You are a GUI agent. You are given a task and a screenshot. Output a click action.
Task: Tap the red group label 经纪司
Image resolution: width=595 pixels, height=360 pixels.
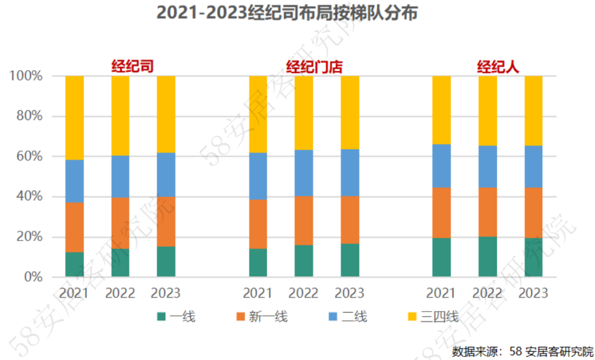coord(132,67)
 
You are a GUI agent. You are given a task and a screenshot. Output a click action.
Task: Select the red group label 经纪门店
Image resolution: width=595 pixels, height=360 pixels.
coord(314,67)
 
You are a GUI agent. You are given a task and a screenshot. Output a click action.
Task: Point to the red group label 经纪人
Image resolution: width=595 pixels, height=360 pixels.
coord(497,67)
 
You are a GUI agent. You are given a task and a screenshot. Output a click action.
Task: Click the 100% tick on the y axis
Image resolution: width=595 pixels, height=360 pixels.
coord(26,76)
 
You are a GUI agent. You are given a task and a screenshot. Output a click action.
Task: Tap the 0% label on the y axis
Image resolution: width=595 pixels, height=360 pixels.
coord(33,277)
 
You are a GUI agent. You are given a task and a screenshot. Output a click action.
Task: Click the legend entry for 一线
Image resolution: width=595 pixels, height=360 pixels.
coord(176,316)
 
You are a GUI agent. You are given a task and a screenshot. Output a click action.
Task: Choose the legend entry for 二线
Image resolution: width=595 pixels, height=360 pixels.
coord(348,316)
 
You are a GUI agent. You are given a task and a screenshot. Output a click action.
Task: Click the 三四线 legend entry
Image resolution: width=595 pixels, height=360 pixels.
coord(433,316)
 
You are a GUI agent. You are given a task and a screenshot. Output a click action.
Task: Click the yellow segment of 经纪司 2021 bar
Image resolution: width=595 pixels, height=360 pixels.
coord(74,118)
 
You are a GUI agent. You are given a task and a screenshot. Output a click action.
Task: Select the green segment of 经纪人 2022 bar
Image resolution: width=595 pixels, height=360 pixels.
coord(488,257)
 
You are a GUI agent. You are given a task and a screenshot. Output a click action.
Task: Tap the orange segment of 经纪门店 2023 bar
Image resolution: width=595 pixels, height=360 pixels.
coord(349,220)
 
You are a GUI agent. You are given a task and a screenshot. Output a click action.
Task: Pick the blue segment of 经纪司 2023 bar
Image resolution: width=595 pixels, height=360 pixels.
coord(166,175)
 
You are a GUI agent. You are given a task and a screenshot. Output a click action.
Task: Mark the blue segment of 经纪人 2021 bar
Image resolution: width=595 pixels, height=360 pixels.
coord(441,166)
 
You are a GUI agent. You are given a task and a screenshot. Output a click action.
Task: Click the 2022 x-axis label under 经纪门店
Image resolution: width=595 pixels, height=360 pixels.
coord(304,292)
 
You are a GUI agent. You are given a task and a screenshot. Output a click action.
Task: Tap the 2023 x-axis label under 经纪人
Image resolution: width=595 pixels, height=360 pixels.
coord(533,292)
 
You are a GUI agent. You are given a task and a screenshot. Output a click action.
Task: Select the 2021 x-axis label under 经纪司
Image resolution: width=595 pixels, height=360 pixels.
coord(74,292)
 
